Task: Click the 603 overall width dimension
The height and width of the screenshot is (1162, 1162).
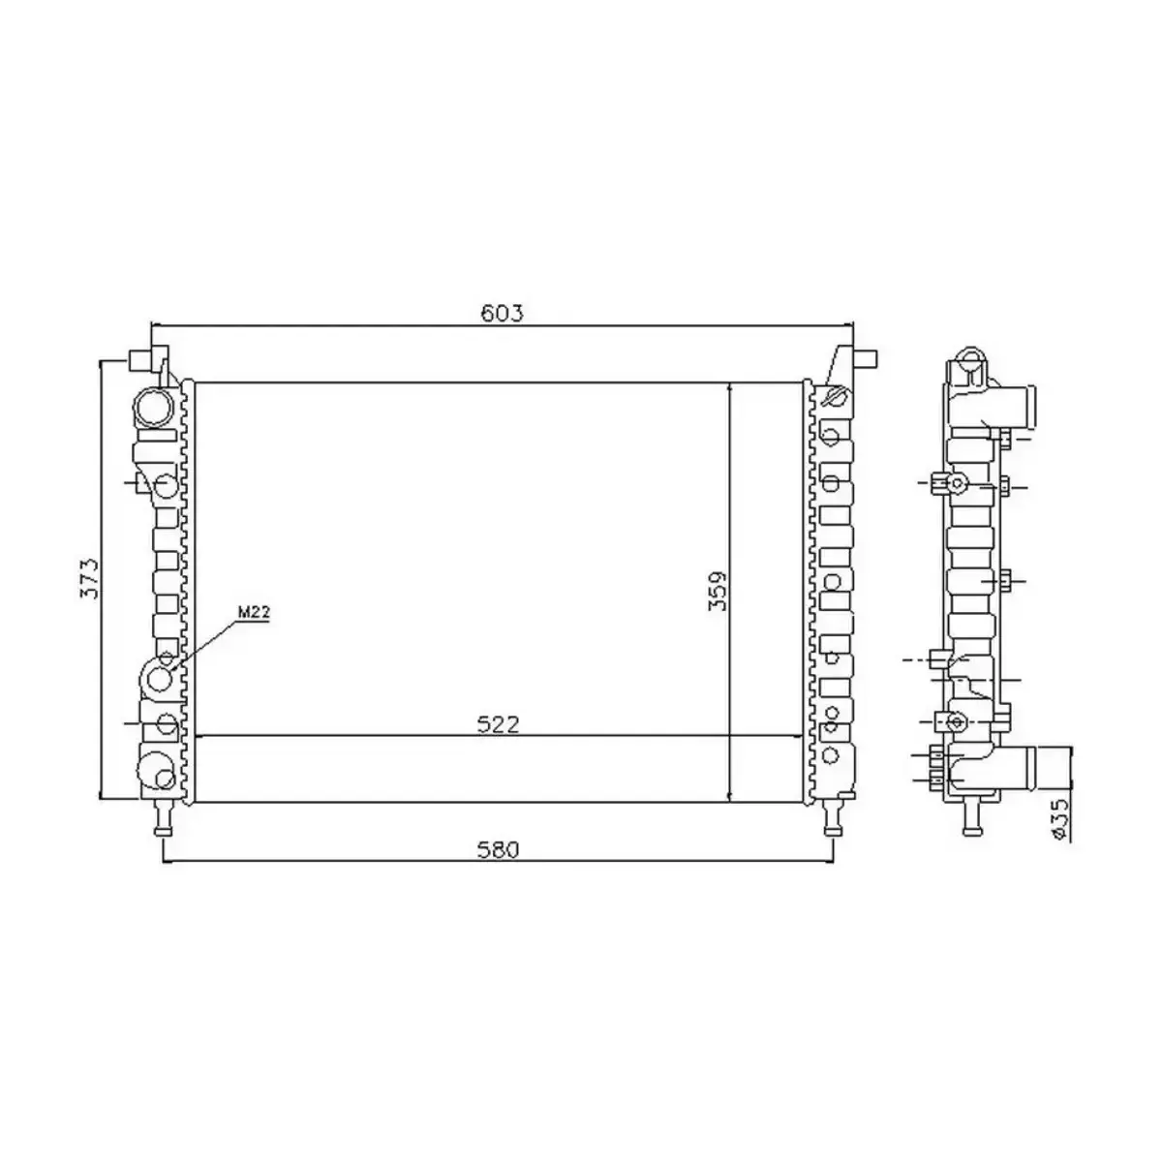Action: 503,313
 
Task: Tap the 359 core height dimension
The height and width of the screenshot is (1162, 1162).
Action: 718,590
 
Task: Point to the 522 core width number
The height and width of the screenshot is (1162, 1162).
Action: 499,725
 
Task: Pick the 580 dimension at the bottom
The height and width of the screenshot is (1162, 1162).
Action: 499,849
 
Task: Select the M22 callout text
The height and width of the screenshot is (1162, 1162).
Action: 253,611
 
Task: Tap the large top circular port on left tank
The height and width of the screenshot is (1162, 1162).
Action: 153,408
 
